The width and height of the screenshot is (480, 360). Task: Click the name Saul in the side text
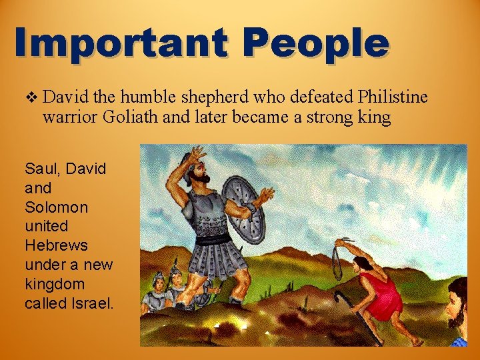click(39, 169)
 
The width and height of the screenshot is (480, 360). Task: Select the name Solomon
click(56, 207)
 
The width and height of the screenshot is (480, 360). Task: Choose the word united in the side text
click(47, 227)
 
